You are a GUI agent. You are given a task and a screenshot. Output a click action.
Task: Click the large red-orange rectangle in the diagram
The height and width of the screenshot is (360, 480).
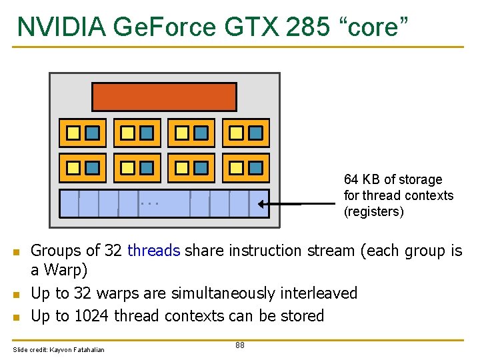coord(164,97)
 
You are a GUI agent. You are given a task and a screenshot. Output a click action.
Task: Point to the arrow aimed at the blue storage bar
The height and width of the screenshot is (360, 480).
coord(280,203)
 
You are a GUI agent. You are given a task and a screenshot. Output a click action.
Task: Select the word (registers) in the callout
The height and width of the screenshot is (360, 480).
coord(374,211)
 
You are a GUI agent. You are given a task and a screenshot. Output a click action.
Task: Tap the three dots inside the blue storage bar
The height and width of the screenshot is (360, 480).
coord(150,203)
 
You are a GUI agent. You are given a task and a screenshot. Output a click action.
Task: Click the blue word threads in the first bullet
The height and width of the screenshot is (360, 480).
coord(153,251)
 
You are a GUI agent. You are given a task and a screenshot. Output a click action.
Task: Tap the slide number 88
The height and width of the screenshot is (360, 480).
coord(240,345)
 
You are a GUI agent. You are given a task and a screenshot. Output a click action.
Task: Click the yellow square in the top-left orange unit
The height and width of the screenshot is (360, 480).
coord(73,133)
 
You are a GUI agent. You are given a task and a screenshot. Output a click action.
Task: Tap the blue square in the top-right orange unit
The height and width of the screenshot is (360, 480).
coord(255,133)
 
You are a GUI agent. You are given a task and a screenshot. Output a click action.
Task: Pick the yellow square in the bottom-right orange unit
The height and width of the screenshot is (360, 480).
coord(236,168)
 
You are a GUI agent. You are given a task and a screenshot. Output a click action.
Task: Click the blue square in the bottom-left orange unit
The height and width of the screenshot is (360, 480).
coord(93,168)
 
